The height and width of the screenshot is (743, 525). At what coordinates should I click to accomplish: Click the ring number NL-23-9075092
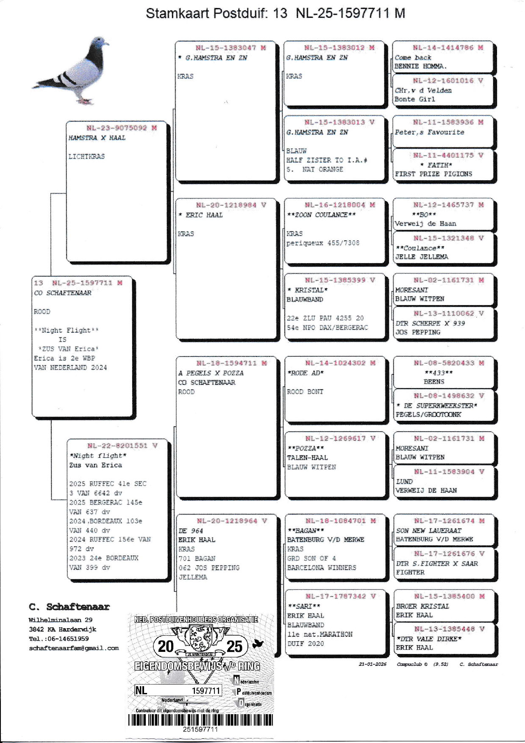[117, 128]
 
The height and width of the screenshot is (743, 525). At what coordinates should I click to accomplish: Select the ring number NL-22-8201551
[117, 446]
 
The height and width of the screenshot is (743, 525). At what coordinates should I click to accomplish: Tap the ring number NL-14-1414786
[443, 48]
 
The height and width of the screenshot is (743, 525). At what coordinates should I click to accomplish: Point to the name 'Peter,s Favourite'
[429, 132]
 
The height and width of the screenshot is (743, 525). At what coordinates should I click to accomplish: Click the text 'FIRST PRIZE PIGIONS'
[433, 174]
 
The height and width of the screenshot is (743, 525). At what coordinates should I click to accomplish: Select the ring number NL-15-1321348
[443, 238]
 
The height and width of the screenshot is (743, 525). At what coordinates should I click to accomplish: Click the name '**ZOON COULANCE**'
[321, 215]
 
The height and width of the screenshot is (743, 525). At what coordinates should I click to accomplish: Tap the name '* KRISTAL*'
[307, 290]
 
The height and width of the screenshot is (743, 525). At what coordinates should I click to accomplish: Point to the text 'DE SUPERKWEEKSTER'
[438, 406]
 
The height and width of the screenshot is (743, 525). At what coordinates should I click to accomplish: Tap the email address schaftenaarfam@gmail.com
[74, 648]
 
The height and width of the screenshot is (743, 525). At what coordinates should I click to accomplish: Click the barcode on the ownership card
[200, 720]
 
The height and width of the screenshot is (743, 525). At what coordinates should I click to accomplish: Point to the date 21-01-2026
[372, 664]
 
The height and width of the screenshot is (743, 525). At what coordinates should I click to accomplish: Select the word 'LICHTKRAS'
[86, 156]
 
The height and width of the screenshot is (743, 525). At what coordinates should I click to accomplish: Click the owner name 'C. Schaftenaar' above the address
[69, 607]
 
